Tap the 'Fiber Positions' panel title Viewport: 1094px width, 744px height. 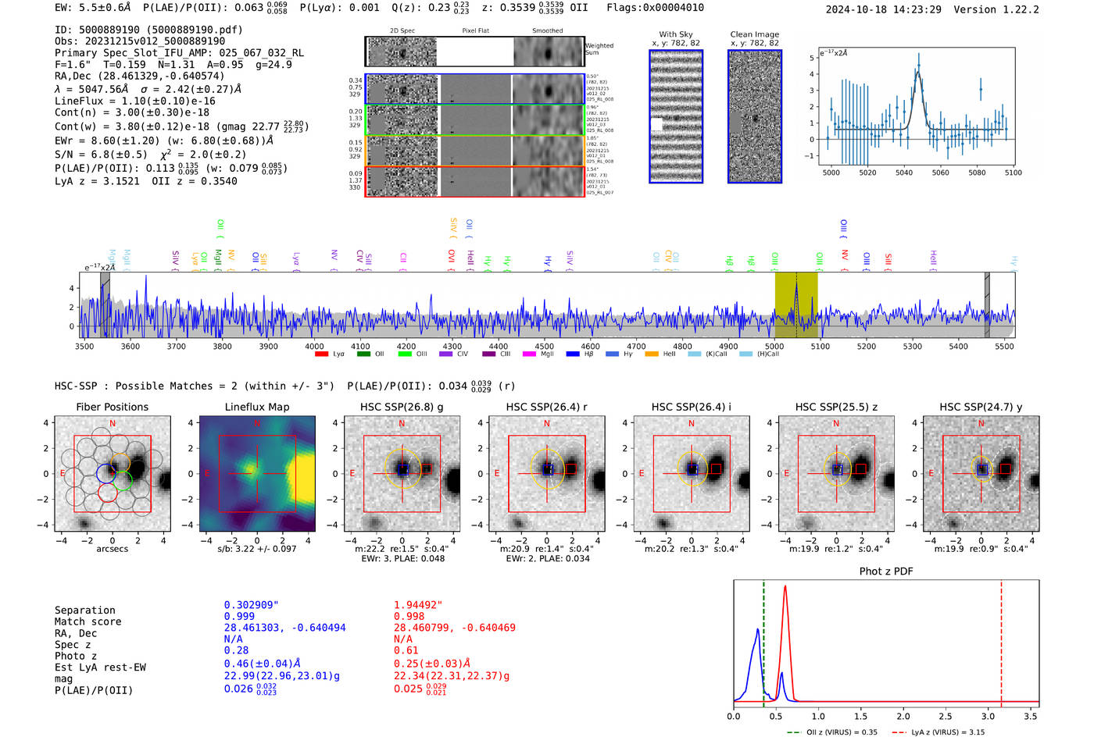(112, 407)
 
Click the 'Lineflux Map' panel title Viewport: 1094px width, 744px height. (256, 407)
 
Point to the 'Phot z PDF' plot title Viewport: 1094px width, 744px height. (885, 571)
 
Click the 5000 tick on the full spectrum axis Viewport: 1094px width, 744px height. (774, 346)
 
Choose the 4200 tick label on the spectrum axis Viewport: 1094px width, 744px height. (406, 346)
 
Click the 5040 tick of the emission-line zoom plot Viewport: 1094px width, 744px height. (903, 173)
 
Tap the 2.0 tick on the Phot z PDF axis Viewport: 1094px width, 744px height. (903, 716)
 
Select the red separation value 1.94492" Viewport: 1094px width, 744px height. (418, 604)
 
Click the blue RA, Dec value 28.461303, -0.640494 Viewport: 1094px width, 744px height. (284, 628)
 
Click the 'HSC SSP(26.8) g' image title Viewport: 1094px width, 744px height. (402, 407)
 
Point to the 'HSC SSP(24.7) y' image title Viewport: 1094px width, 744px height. (981, 407)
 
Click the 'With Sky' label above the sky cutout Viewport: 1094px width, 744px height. (675, 34)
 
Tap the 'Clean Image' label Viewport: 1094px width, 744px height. (754, 34)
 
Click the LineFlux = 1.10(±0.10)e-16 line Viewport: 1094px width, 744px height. (134, 101)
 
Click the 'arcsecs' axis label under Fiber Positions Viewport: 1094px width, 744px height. (112, 549)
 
